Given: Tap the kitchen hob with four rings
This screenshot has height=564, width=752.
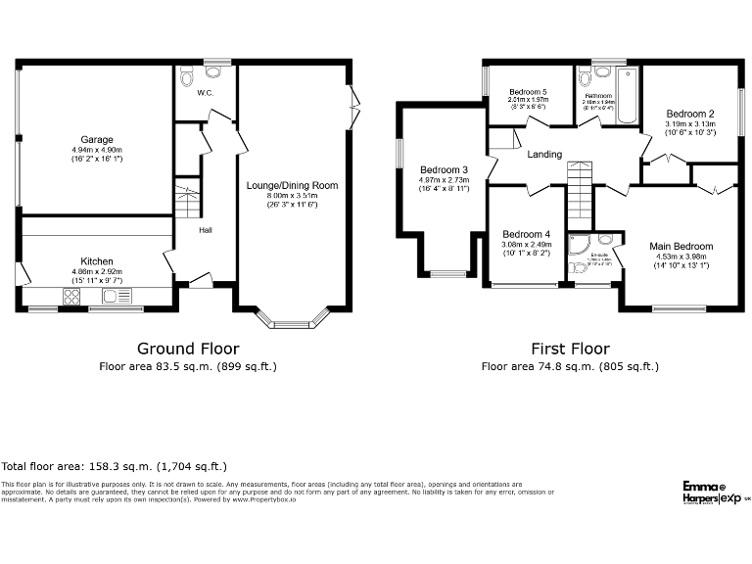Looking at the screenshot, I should [73, 295].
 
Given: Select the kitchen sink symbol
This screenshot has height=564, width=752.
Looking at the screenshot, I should [116, 296].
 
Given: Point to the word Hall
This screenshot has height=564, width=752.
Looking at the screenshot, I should [206, 230].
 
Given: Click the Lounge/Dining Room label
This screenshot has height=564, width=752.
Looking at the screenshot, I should [292, 185].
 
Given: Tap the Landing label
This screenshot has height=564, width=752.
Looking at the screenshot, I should [544, 155].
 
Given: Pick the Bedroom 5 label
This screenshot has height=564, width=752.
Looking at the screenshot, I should [527, 91].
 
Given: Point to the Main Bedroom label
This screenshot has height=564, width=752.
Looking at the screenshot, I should [681, 247].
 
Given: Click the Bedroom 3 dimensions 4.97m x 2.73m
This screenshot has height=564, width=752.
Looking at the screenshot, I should [444, 179].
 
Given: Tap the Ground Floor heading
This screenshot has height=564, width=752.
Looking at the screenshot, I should [188, 349].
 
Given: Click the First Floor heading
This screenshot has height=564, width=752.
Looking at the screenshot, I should [570, 349].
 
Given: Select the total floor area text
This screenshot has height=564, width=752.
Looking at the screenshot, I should [115, 467].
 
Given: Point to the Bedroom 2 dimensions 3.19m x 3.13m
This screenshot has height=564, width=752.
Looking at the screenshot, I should [689, 124].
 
